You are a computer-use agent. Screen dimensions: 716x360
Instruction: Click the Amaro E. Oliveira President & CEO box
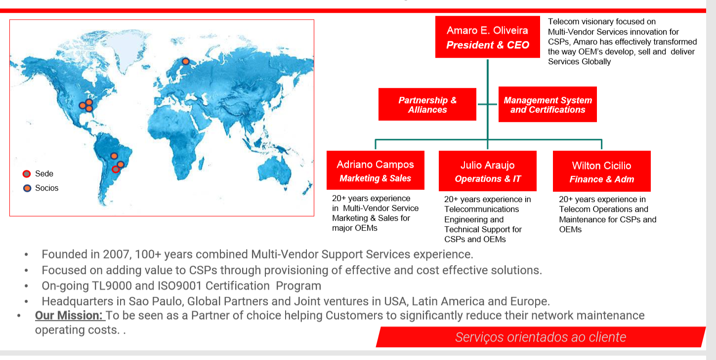click(487, 37)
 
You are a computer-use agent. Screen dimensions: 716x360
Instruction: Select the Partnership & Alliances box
click(427, 105)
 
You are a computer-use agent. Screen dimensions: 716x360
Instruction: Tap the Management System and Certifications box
click(548, 105)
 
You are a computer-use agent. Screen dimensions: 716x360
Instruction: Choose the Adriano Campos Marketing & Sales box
click(376, 170)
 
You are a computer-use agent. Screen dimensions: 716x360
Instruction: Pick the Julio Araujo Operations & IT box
click(488, 171)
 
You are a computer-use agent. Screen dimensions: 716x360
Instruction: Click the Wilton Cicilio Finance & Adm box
click(602, 171)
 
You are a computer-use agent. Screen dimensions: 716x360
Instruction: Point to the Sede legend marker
click(27, 174)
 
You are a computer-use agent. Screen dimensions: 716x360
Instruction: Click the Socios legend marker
click(27, 188)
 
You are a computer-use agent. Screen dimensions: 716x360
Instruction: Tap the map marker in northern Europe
click(185, 61)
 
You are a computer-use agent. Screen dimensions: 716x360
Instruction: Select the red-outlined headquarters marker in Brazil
click(116, 169)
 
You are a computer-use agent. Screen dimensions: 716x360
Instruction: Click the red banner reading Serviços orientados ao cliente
click(541, 337)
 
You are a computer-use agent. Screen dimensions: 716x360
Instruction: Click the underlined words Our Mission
click(68, 315)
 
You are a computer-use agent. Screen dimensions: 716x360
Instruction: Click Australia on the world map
click(275, 171)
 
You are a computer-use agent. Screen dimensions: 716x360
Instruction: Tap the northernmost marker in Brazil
click(114, 156)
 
